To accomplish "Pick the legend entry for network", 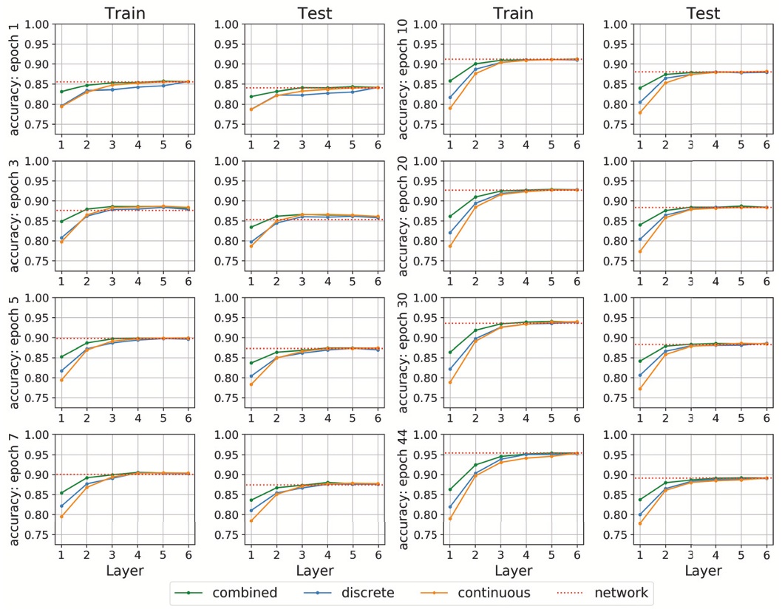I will [x=622, y=593].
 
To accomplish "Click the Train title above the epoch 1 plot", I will [x=125, y=13].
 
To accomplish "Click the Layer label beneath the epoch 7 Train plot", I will [x=125, y=571].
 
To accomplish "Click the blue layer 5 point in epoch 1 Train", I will [x=163, y=86].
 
